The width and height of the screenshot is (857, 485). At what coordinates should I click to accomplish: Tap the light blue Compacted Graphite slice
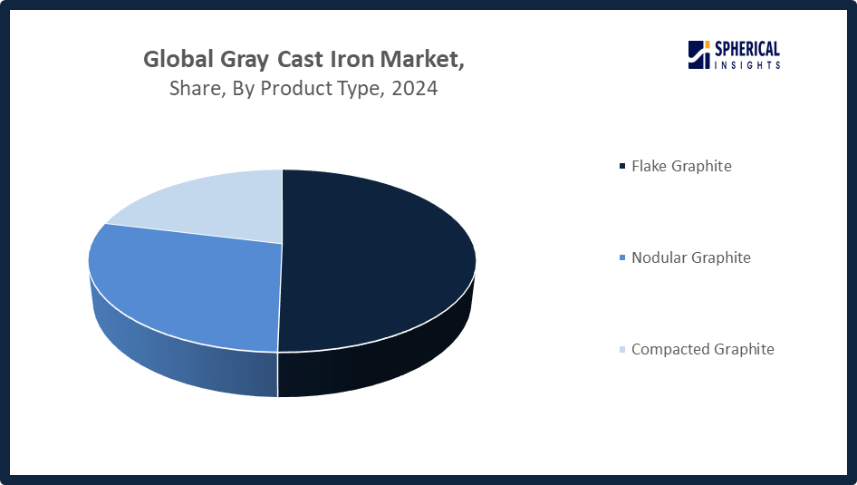click(208, 204)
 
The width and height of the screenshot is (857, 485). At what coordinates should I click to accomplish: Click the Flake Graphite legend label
click(681, 166)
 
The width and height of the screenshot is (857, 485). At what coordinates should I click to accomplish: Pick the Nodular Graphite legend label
click(691, 257)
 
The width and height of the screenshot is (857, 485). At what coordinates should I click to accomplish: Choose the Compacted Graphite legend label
click(703, 349)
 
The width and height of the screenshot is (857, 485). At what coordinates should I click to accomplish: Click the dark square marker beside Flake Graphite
click(621, 167)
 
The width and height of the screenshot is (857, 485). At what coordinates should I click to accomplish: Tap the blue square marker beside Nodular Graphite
click(621, 258)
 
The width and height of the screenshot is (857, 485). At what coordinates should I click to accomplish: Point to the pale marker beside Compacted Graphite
click(621, 350)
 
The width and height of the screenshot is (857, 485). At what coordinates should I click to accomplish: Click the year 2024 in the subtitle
click(415, 90)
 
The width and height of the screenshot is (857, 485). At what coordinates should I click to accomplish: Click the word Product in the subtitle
click(298, 90)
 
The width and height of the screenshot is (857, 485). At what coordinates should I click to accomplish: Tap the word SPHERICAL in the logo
click(747, 50)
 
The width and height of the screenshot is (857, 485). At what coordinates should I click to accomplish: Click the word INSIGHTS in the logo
click(747, 65)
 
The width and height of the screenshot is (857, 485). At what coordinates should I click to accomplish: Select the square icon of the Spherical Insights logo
click(698, 55)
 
